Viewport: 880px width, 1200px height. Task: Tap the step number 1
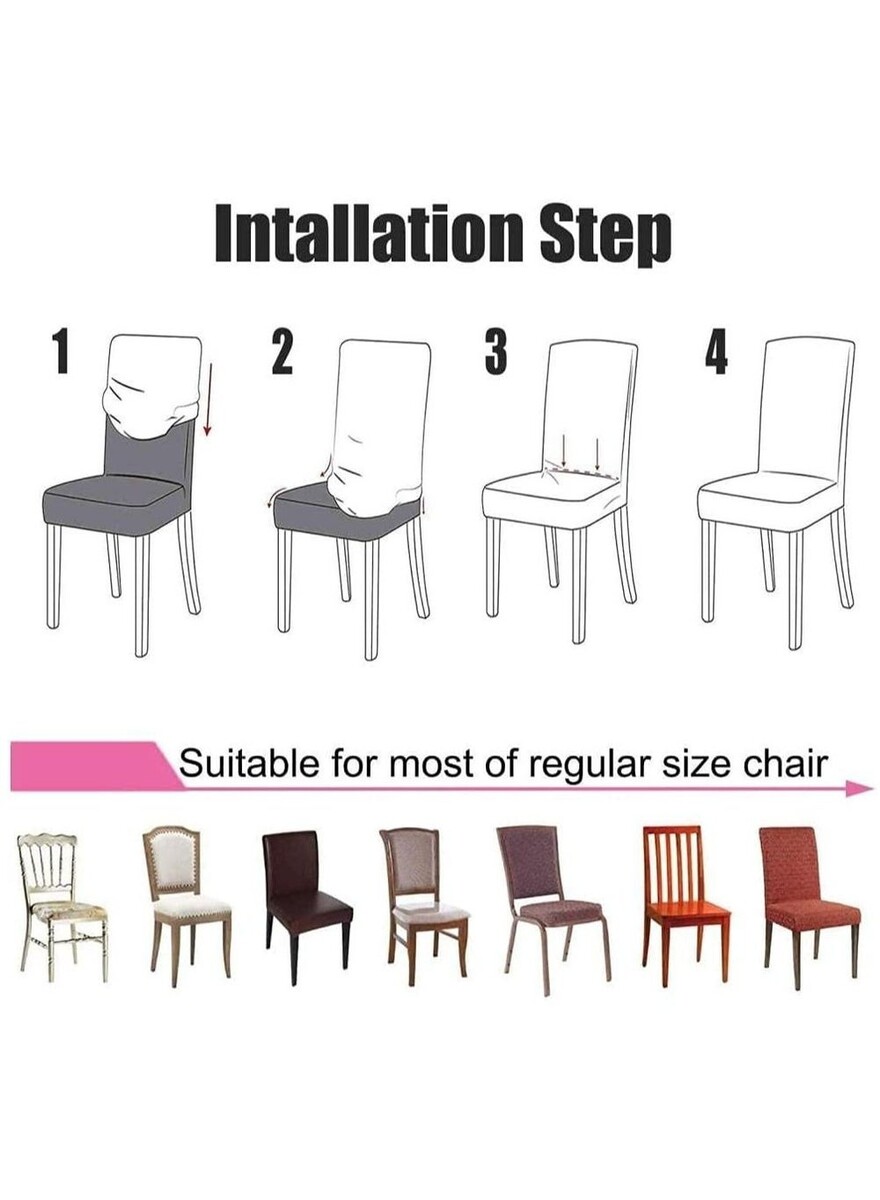(62, 351)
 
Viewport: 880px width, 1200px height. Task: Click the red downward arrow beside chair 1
(209, 400)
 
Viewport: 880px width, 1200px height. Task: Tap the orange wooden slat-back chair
(686, 906)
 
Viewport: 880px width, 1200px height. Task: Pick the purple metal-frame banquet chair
(553, 910)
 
